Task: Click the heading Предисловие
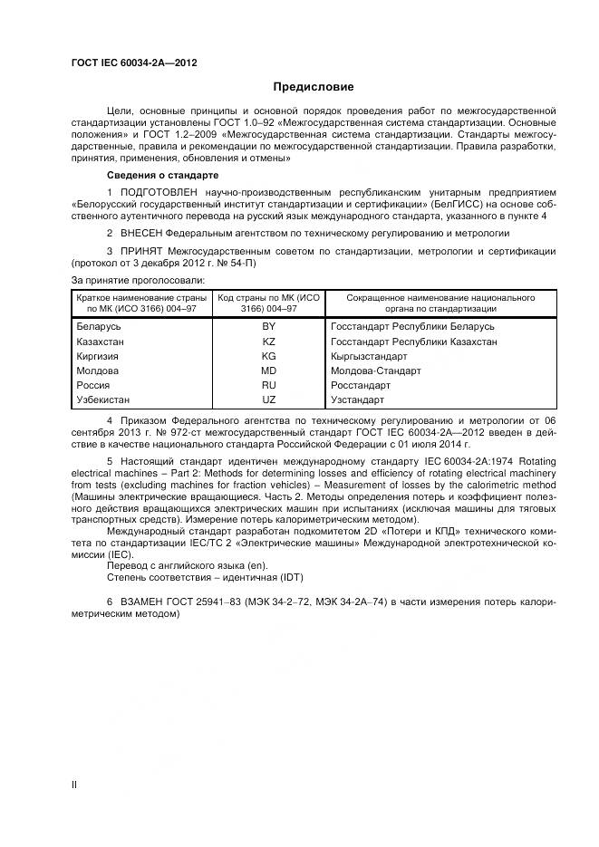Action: [314, 87]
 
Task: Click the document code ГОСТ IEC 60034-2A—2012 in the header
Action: [134, 63]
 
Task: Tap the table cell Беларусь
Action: [99, 326]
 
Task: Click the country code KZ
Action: [269, 342]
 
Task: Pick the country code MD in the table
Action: [269, 371]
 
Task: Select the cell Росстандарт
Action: [362, 385]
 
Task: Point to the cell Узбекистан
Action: [103, 399]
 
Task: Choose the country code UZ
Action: [269, 399]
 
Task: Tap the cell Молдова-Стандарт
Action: [376, 371]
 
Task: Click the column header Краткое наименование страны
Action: [143, 297]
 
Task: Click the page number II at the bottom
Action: [74, 784]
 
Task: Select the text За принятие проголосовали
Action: [137, 280]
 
